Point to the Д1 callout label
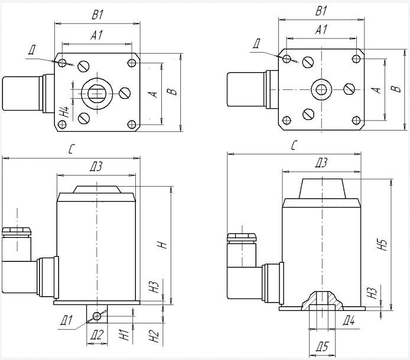[66, 321]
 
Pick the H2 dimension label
[155, 337]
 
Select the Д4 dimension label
[349, 321]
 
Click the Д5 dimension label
[321, 346]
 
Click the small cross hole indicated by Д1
[98, 315]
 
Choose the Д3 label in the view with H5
[321, 161]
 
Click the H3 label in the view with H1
[154, 287]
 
